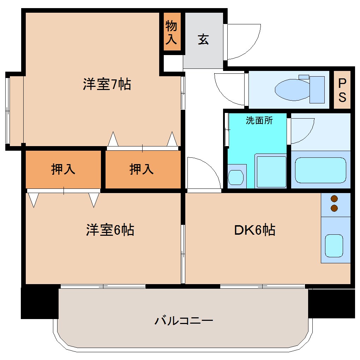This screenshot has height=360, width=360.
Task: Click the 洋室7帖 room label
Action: [x=107, y=85]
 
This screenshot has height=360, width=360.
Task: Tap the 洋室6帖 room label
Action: [x=110, y=230]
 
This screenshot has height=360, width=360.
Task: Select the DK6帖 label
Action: [x=255, y=230]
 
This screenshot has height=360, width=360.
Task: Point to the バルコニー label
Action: [x=184, y=321]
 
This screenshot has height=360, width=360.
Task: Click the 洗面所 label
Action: [x=259, y=121]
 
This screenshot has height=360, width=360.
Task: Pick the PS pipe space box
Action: [x=342, y=90]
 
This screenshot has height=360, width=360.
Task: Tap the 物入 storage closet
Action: [x=172, y=32]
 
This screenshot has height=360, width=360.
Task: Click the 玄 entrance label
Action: [x=203, y=39]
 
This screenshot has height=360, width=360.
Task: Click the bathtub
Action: [x=320, y=170]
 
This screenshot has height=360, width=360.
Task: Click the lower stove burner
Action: [x=334, y=208]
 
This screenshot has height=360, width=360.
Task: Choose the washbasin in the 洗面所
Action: [x=236, y=177]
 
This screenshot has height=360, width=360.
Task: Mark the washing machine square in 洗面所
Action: [x=271, y=172]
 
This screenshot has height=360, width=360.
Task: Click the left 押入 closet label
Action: [x=63, y=170]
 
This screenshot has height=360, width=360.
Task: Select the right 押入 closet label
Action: [x=142, y=170]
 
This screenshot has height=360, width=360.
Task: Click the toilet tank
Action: [x=317, y=90]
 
